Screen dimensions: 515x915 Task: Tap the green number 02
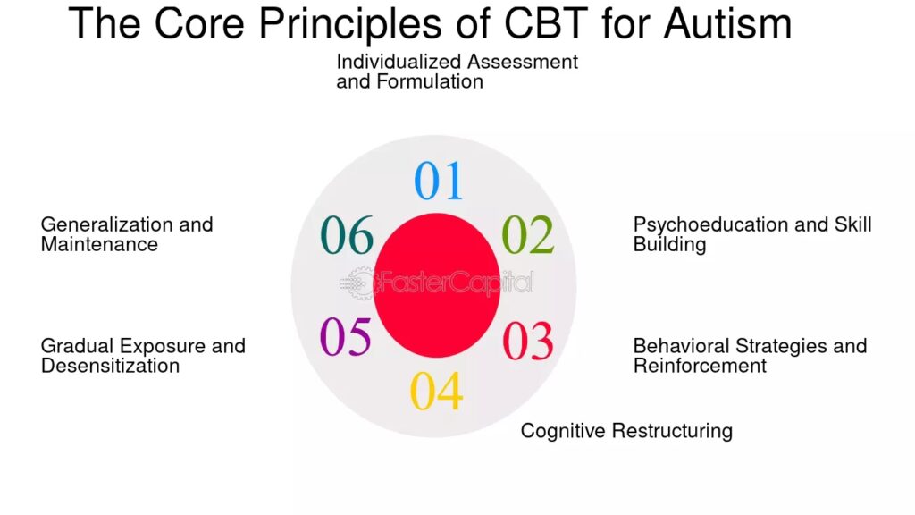(527, 235)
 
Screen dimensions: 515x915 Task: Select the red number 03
(527, 341)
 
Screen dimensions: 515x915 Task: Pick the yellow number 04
(436, 392)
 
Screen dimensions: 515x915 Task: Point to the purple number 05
(346, 338)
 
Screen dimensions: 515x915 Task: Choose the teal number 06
(347, 235)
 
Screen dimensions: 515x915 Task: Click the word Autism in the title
(727, 23)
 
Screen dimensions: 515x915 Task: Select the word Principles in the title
(348, 23)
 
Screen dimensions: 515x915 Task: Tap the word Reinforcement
(700, 366)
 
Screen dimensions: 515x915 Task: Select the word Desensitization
(110, 366)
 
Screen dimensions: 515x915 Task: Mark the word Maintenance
(99, 244)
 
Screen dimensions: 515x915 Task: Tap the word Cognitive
(562, 431)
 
